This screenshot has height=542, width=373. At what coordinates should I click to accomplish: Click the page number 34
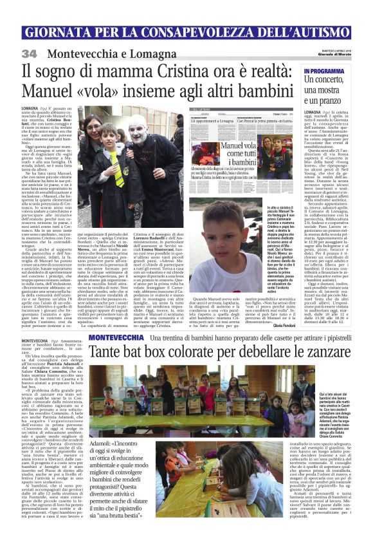pyautogui.click(x=30, y=53)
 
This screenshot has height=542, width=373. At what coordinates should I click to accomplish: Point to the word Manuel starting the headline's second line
pyautogui.click(x=50, y=92)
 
